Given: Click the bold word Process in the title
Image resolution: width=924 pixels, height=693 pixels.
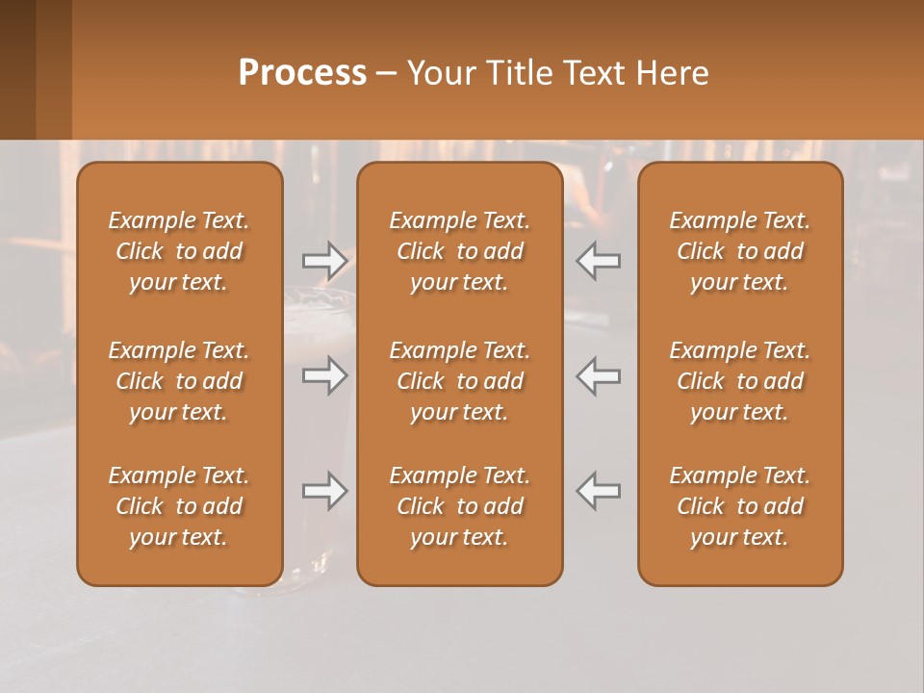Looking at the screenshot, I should [x=302, y=73].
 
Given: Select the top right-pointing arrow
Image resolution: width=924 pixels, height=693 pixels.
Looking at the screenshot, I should [x=324, y=260].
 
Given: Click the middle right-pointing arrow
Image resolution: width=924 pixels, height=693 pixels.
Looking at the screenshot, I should [x=324, y=375].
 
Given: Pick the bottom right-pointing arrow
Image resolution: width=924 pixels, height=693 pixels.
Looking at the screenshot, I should [x=324, y=491].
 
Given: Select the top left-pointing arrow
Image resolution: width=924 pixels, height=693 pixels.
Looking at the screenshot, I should [x=598, y=260].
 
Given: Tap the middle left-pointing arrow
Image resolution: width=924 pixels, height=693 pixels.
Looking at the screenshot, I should [x=598, y=375].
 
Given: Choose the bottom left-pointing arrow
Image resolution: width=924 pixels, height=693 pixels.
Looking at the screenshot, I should [x=598, y=491].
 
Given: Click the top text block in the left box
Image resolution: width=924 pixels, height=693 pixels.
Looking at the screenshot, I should [x=179, y=251].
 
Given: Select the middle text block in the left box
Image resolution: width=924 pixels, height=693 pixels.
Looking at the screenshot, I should [x=179, y=381].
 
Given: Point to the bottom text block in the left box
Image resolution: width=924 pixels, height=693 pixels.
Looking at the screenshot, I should [x=179, y=506].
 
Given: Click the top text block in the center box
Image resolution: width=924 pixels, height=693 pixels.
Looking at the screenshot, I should [x=459, y=251].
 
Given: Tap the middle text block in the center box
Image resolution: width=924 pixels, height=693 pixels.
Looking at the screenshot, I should [x=459, y=381].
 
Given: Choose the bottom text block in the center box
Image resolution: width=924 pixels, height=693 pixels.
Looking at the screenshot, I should [x=459, y=506].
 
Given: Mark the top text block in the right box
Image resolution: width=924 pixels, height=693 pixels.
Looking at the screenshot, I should [x=739, y=251].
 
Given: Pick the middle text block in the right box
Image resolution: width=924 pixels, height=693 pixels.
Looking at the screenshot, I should [x=739, y=381].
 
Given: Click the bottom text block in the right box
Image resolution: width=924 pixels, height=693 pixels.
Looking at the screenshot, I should [x=739, y=506].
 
